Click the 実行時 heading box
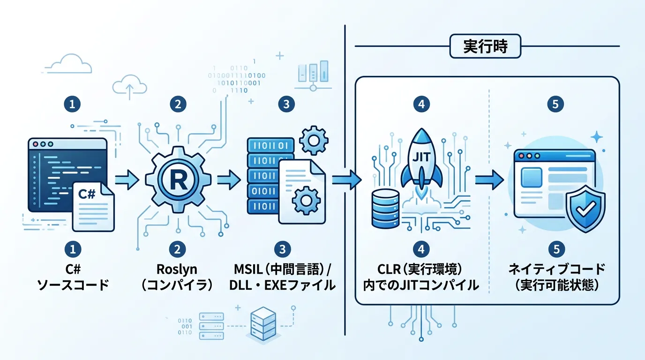pos(485,47)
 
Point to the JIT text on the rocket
pos(421,156)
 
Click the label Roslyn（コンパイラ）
pos(177,277)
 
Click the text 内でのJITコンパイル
pos(421,285)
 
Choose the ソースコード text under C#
pos(72,285)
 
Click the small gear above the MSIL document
pos(313,139)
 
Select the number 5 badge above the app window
pos(555,105)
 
